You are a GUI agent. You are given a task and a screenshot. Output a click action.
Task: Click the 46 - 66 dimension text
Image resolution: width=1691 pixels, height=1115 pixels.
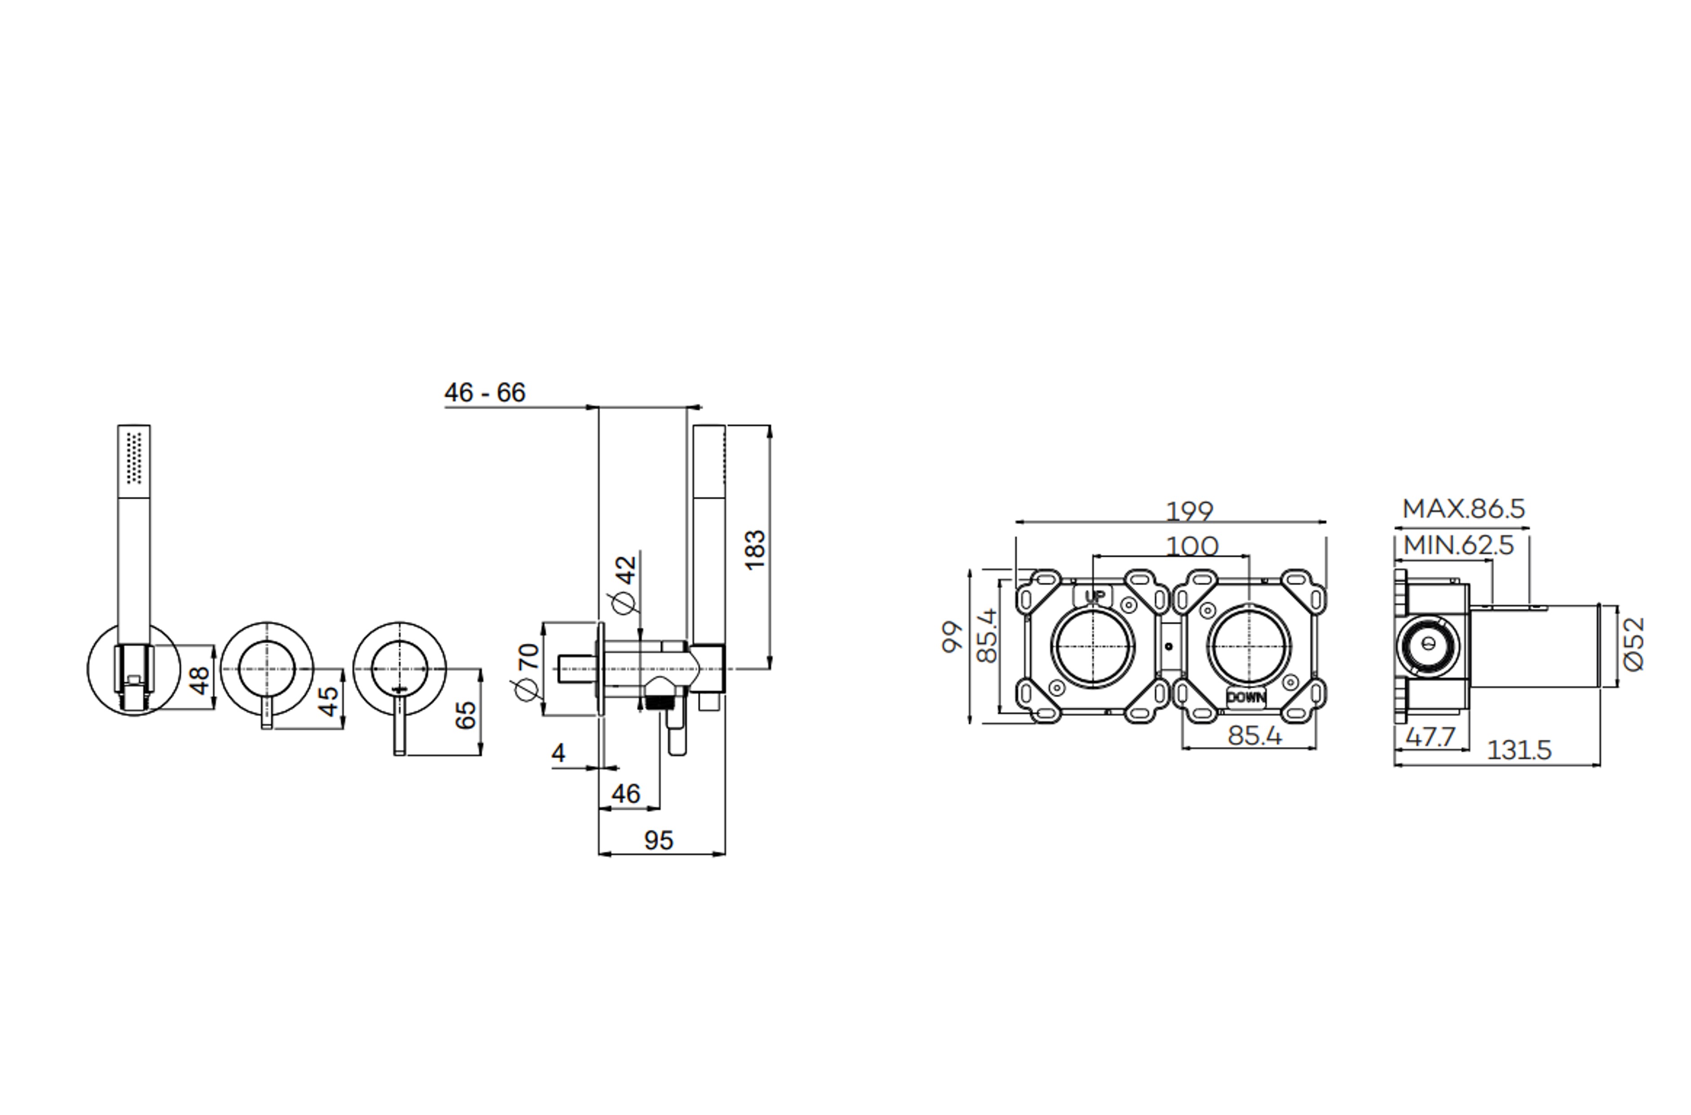tap(485, 393)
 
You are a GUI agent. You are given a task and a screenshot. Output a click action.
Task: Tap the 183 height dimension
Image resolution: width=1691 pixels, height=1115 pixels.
tap(755, 549)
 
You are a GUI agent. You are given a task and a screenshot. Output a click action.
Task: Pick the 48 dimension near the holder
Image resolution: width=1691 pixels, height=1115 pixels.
tap(200, 680)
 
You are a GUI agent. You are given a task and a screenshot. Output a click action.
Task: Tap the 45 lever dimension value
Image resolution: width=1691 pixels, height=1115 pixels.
tap(328, 702)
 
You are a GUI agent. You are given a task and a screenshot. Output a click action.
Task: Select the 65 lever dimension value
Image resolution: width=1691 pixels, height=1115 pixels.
tap(466, 715)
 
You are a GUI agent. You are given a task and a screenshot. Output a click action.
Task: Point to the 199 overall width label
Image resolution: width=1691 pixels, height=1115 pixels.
tap(1190, 511)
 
